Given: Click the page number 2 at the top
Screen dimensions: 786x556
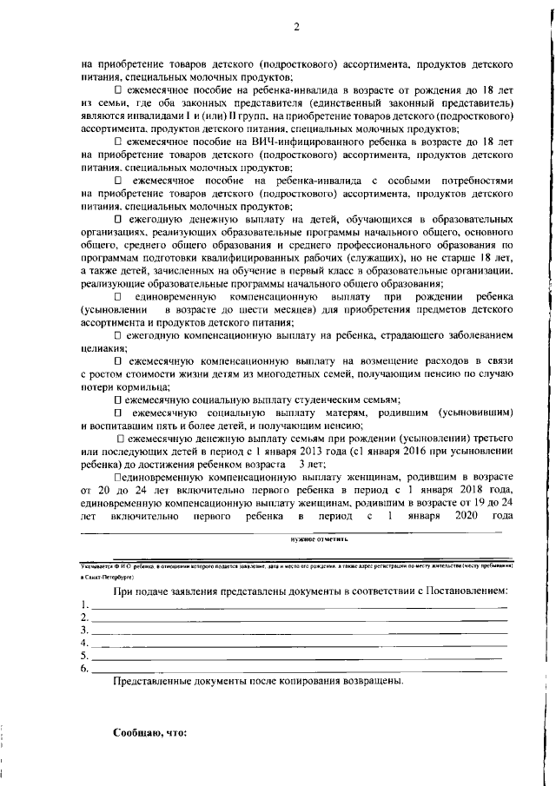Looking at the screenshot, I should [295, 26].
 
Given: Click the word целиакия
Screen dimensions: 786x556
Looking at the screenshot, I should [100, 348].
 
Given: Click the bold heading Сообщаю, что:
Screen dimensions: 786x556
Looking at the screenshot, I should [150, 732].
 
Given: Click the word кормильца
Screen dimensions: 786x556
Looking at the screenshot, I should [139, 385].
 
